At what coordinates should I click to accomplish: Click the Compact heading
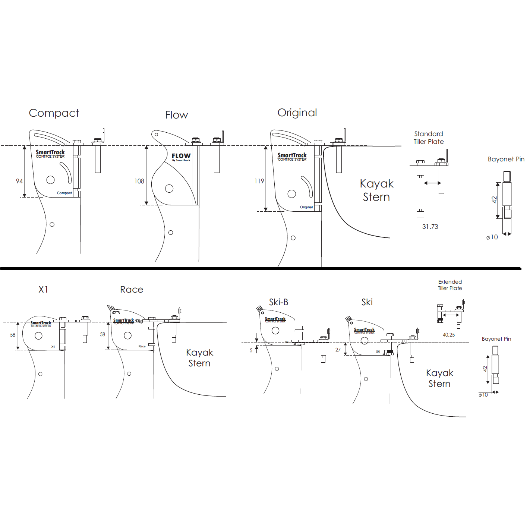pyautogui.click(x=54, y=113)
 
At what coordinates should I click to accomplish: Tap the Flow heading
pyautogui.click(x=177, y=115)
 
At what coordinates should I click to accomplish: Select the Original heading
pyautogui.click(x=297, y=113)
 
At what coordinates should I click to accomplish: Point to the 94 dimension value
pyautogui.click(x=19, y=181)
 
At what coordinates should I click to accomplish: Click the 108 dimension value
pyautogui.click(x=139, y=181)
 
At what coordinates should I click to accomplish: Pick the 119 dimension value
pyautogui.click(x=259, y=181)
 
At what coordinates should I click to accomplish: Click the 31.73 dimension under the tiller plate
pyautogui.click(x=430, y=227)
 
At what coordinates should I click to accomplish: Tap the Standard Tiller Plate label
pyautogui.click(x=429, y=138)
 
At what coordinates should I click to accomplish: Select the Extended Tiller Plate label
pyautogui.click(x=450, y=285)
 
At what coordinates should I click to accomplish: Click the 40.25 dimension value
pyautogui.click(x=449, y=335)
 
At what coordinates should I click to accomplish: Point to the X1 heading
pyautogui.click(x=43, y=290)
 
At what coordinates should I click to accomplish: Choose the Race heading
pyautogui.click(x=132, y=290)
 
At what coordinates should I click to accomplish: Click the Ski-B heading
pyautogui.click(x=278, y=302)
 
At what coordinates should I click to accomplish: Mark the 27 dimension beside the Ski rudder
pyautogui.click(x=338, y=350)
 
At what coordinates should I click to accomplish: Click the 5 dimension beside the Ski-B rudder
pyautogui.click(x=251, y=350)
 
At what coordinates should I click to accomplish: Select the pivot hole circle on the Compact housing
pyautogui.click(x=51, y=180)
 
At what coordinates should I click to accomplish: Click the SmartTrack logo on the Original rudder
pyautogui.click(x=292, y=156)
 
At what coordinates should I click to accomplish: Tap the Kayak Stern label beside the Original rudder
pyautogui.click(x=376, y=190)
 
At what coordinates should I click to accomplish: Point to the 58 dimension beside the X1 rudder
pyautogui.click(x=13, y=335)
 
